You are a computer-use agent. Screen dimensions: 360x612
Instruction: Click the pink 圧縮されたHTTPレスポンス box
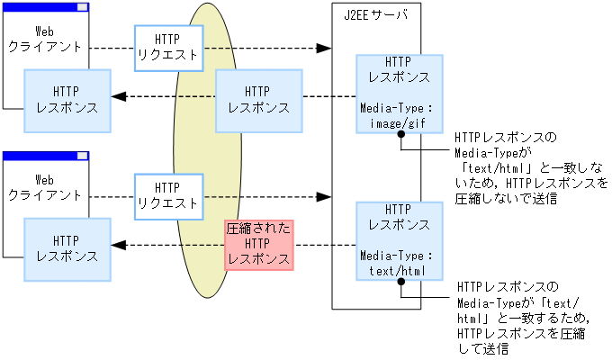tap(259, 244)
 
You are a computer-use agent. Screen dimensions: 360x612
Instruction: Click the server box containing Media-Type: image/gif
tap(398, 94)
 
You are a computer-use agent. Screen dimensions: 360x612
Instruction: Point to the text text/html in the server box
tap(398, 269)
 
